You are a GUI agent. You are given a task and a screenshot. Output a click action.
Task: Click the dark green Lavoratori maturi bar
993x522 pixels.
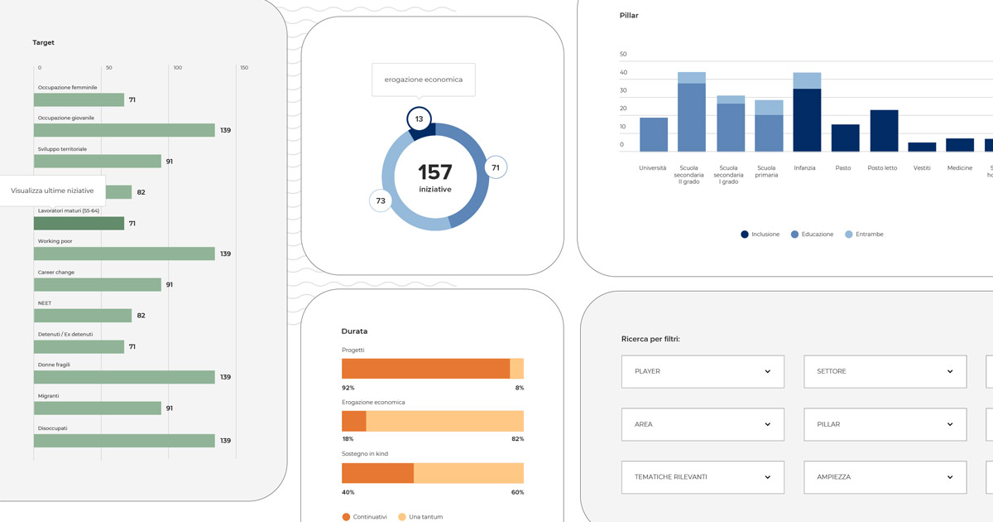point(79,224)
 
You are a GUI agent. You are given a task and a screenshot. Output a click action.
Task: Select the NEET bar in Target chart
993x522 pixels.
point(83,316)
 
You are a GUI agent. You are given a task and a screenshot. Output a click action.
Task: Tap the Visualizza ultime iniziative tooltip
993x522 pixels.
point(52,191)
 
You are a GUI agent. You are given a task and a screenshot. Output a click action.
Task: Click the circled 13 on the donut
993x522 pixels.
point(420,119)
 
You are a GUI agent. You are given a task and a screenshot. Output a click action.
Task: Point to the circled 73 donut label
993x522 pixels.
point(381,201)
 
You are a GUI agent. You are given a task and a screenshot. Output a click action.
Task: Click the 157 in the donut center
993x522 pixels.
point(434,172)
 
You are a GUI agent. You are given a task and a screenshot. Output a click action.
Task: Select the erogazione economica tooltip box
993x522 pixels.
point(424,80)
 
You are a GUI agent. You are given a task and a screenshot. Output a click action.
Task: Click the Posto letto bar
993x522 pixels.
point(884,131)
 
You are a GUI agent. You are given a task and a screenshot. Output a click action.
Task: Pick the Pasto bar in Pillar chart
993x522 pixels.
point(845,138)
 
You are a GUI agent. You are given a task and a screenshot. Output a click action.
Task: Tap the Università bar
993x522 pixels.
point(653,134)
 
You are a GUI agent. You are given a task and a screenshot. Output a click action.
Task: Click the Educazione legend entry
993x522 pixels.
point(812,234)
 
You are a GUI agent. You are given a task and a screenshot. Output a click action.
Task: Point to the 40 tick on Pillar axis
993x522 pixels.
point(623,72)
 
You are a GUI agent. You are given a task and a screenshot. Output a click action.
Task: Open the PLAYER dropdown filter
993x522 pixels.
point(703,371)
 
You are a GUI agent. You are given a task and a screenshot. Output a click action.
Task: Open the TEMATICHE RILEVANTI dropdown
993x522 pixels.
point(703,477)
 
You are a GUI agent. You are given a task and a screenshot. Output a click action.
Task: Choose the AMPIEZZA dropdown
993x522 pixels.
point(885,477)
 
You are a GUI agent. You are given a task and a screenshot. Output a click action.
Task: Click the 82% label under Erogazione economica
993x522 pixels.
point(517,439)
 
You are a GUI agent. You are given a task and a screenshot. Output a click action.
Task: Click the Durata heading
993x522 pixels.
point(354,331)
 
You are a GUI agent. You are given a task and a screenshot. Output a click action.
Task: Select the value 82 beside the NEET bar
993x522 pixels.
point(141,316)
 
